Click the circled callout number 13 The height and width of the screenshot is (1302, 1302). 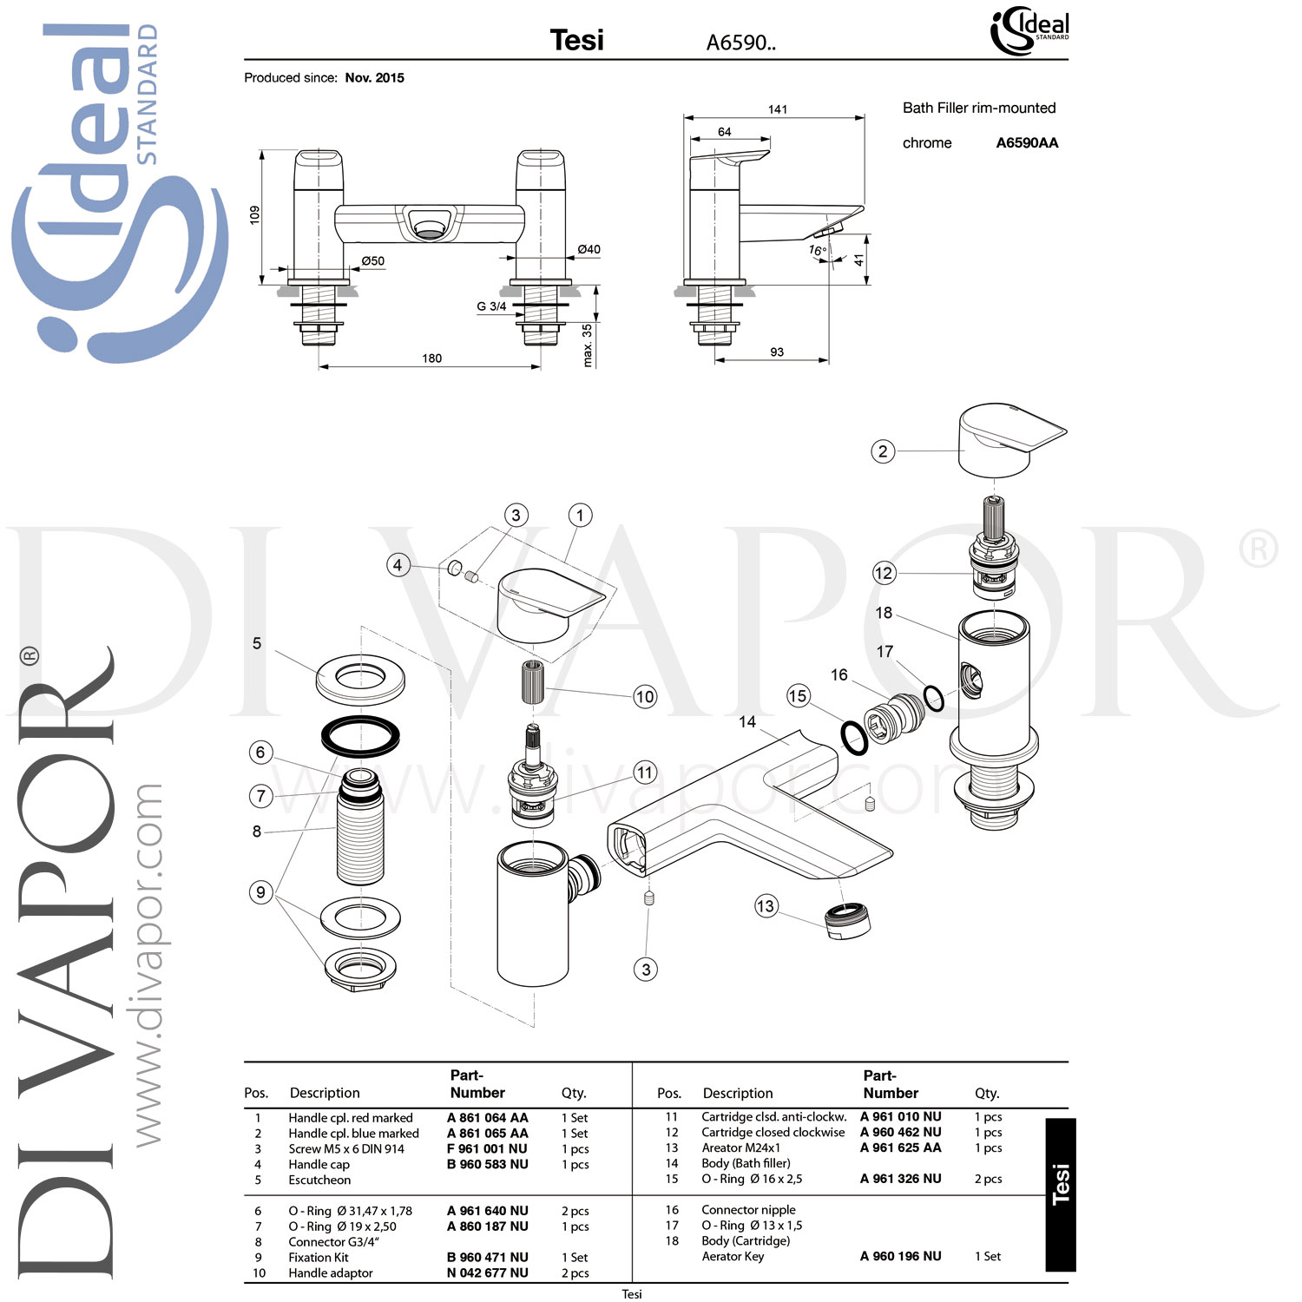(x=765, y=906)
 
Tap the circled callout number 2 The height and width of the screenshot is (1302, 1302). (x=883, y=451)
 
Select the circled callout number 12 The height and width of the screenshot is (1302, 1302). (x=884, y=573)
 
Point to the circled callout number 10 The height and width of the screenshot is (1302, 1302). (x=645, y=696)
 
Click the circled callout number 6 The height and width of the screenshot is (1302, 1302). (x=260, y=753)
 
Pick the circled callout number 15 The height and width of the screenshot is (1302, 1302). (x=798, y=695)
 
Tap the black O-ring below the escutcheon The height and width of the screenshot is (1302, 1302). (x=360, y=735)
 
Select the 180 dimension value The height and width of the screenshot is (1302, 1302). (x=431, y=358)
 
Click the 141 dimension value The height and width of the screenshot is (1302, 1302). (x=778, y=109)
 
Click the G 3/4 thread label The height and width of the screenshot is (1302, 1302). (x=491, y=306)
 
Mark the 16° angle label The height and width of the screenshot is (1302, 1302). (x=817, y=251)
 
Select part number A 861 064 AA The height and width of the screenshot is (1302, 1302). (x=488, y=1118)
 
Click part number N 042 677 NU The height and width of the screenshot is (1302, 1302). (x=488, y=1273)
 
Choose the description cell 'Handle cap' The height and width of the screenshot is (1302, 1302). (x=319, y=1165)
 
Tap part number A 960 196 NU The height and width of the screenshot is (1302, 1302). (x=901, y=1256)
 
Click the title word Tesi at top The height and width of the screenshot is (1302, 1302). (x=577, y=40)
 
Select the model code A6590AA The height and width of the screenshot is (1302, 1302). (x=1027, y=143)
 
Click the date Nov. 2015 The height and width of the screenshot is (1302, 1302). (x=375, y=78)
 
